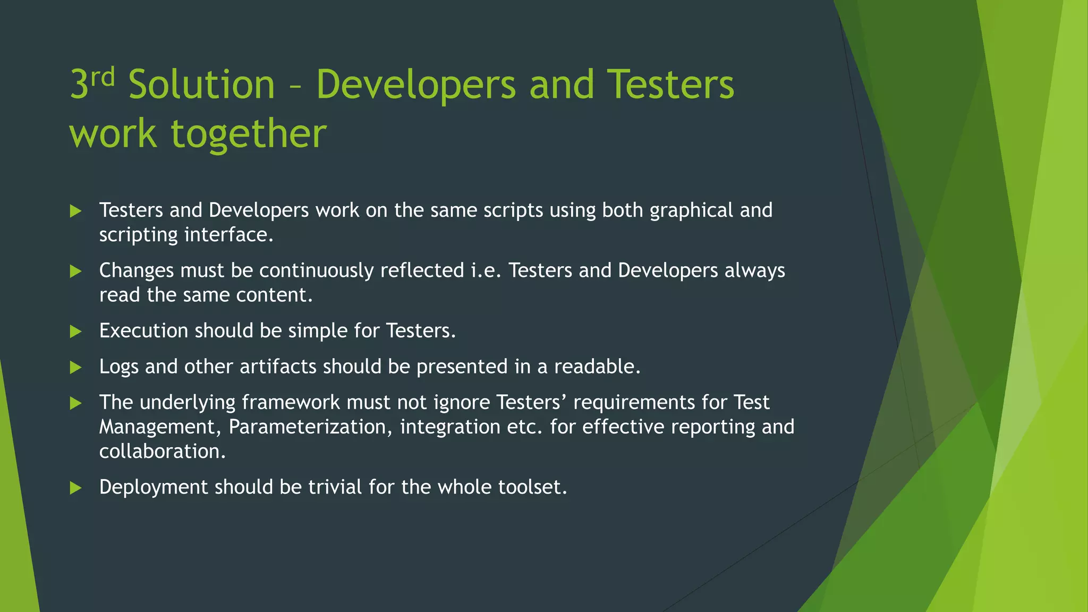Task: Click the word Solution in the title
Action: tap(201, 84)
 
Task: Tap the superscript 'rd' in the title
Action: tap(103, 78)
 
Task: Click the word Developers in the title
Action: tap(415, 84)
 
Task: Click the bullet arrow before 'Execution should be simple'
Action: tap(76, 332)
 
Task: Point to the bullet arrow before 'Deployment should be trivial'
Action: tap(76, 488)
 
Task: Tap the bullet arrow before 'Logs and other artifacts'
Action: tap(76, 368)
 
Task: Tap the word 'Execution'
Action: tap(143, 331)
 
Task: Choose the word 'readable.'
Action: tap(597, 367)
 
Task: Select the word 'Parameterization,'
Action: tap(311, 427)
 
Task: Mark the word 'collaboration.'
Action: tap(163, 452)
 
